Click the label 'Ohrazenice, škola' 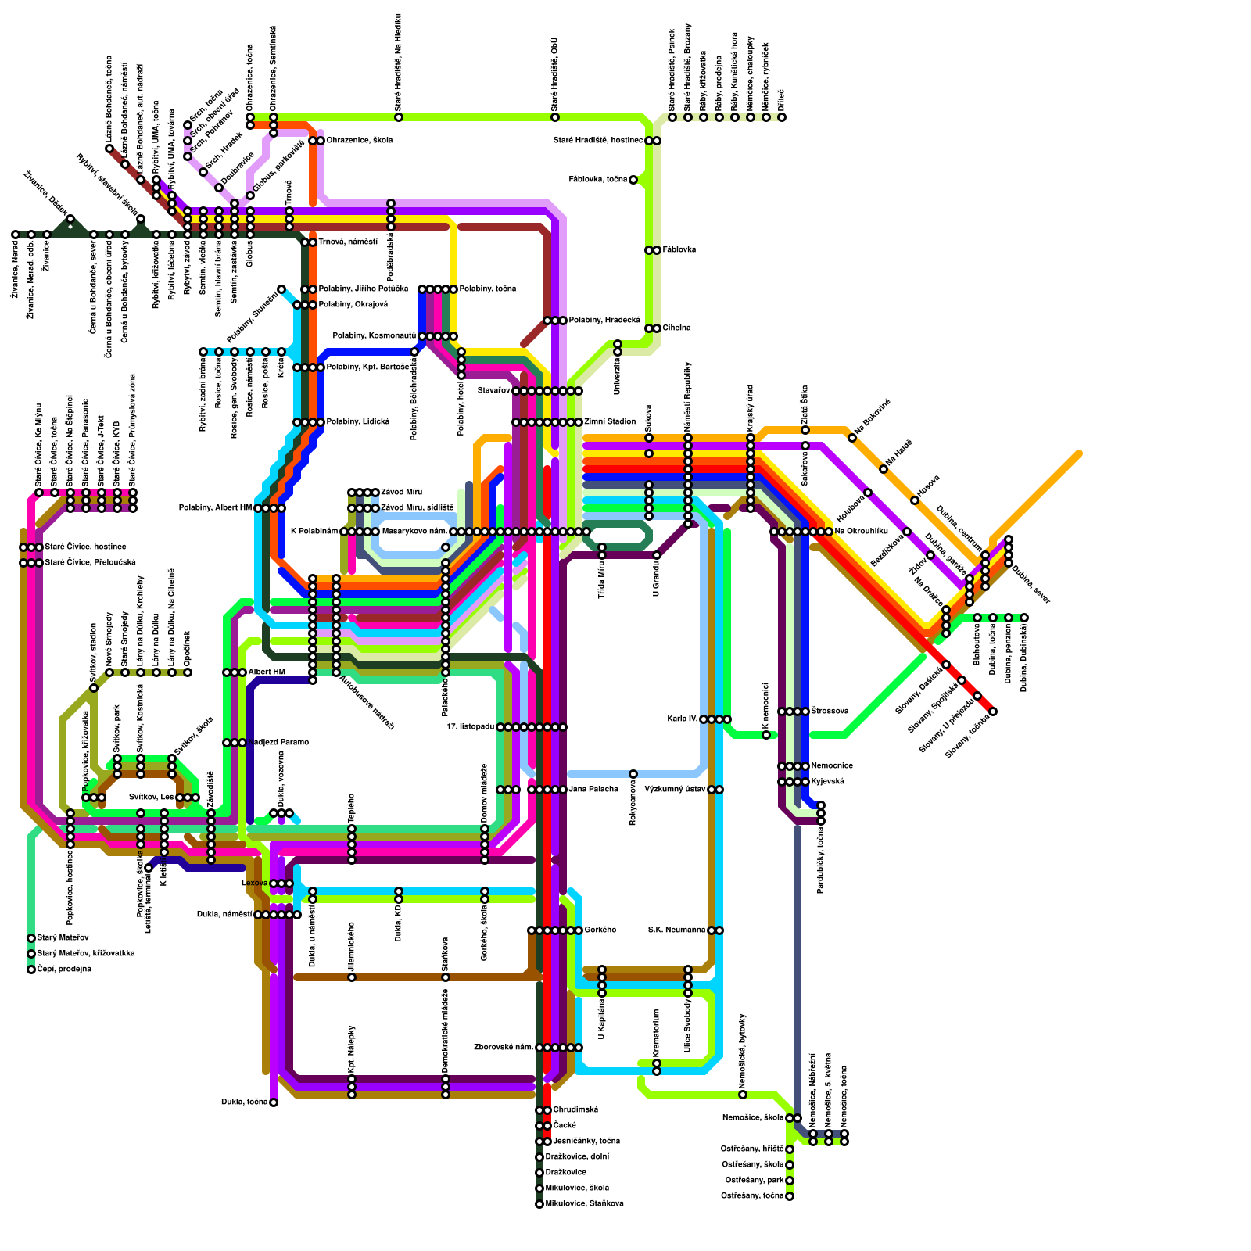tap(359, 141)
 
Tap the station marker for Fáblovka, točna tap(633, 180)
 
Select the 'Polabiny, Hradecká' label tap(604, 321)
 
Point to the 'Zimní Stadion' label tap(610, 422)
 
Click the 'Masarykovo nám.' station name tap(414, 532)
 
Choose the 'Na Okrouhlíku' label tap(861, 532)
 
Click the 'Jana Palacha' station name tap(593, 790)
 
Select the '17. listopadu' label tap(471, 727)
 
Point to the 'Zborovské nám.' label tap(504, 1048)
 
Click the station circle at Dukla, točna tap(274, 1102)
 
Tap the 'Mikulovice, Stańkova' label tap(584, 1204)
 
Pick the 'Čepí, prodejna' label tap(64, 970)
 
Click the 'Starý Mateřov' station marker tap(31, 938)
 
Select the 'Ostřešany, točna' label tap(751, 1196)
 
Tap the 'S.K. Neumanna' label tap(677, 930)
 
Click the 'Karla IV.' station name tap(682, 719)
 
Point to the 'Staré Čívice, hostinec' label tap(85, 547)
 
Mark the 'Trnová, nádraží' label tap(347, 242)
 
